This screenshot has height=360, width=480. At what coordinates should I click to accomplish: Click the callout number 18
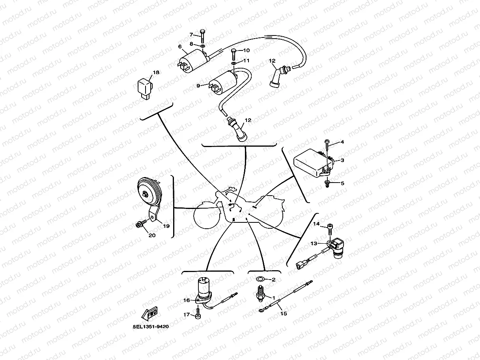[x=156, y=73]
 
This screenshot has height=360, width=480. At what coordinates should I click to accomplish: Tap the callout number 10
[x=246, y=50]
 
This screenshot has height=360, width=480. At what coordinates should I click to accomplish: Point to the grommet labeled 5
[x=327, y=183]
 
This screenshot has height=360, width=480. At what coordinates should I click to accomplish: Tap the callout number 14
[x=316, y=224]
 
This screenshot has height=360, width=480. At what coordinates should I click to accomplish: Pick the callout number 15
[x=284, y=314]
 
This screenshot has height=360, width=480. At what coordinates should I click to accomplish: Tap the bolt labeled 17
[x=198, y=315]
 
